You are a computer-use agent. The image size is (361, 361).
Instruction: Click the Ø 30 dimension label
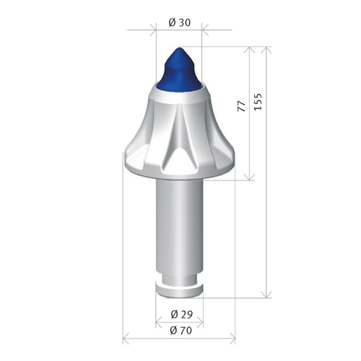click(x=180, y=22)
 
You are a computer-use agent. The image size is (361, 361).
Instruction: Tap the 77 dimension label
click(x=242, y=106)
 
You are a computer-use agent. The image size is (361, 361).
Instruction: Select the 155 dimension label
click(x=258, y=102)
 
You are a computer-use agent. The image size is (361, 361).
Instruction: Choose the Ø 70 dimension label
click(x=181, y=331)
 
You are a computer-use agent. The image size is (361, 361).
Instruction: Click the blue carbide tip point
click(x=178, y=48)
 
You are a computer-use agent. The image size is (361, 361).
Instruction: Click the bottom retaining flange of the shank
click(x=179, y=291)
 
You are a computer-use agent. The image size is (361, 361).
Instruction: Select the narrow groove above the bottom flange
click(x=179, y=281)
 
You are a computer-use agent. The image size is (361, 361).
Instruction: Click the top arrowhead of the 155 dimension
click(x=266, y=50)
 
